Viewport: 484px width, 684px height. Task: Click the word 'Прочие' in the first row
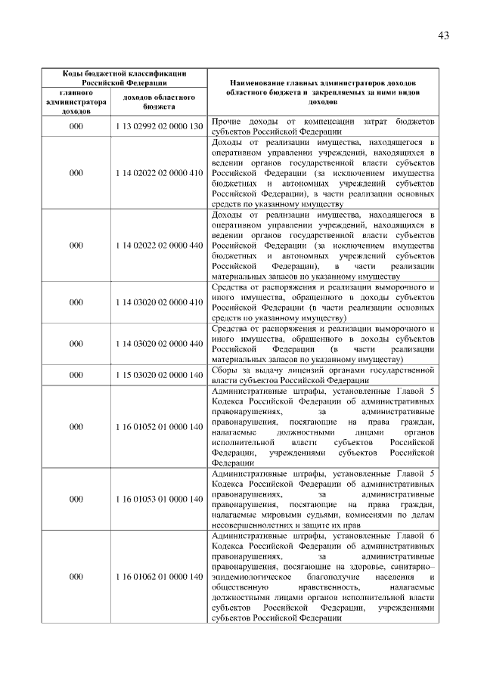[226, 121]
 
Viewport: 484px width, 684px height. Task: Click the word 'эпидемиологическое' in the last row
[253, 577]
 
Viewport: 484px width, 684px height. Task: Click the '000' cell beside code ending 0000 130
[76, 125]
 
